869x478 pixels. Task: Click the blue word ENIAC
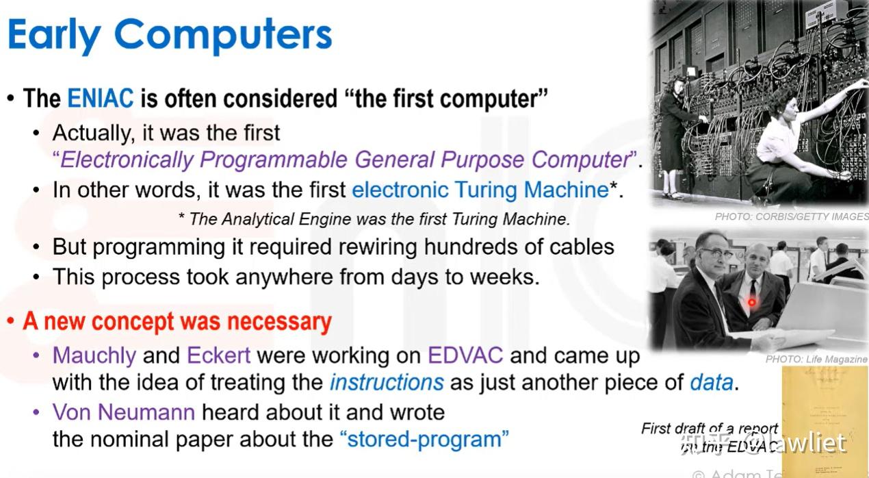[100, 99]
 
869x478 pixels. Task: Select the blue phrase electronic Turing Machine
[480, 190]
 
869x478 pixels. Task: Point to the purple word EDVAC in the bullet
[465, 356]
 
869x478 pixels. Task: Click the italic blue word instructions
[387, 382]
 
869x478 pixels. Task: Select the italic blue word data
[711, 382]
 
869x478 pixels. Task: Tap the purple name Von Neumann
[123, 412]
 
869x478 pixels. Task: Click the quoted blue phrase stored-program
[424, 439]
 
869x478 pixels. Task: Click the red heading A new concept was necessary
[177, 322]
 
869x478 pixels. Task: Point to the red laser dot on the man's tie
[751, 302]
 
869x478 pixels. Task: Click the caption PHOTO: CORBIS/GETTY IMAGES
[791, 216]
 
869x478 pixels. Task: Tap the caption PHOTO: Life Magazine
[816, 359]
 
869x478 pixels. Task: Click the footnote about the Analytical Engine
[374, 219]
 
